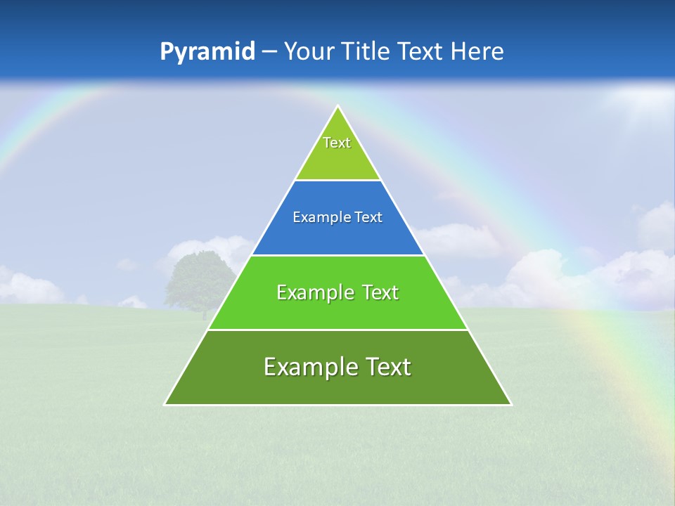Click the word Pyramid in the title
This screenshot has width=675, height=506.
[x=207, y=52]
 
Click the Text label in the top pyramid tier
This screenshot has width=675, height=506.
[x=337, y=143]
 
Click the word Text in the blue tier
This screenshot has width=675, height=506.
[x=368, y=218]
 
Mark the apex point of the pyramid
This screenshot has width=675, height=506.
[x=337, y=106]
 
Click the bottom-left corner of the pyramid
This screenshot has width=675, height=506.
[x=165, y=404]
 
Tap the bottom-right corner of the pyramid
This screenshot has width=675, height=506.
[x=510, y=404]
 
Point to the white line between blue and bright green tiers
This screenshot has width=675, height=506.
[x=337, y=255]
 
